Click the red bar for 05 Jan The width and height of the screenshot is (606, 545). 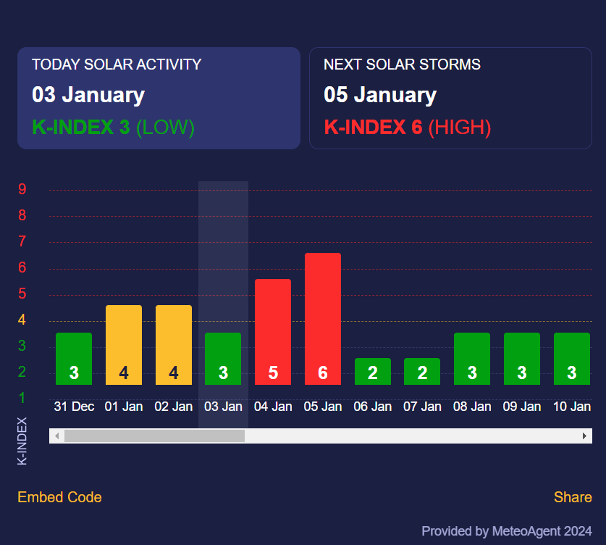[x=323, y=319]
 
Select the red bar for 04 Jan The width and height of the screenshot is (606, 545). [x=273, y=332]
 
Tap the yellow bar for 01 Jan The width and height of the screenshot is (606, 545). [x=124, y=345]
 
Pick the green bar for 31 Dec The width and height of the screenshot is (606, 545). [x=74, y=359]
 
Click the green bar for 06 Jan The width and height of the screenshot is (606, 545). [x=373, y=371]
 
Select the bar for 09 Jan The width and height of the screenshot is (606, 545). [x=522, y=359]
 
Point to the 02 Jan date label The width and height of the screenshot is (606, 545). [x=174, y=407]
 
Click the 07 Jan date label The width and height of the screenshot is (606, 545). [x=422, y=407]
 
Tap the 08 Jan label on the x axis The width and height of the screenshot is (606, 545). [x=472, y=407]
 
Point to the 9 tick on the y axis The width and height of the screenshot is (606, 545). [x=22, y=190]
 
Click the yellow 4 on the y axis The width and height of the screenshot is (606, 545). [x=22, y=320]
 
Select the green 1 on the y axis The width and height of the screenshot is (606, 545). [x=22, y=398]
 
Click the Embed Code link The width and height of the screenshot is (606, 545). [x=59, y=497]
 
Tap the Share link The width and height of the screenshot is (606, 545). [x=573, y=497]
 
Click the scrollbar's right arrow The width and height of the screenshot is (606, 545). [x=584, y=436]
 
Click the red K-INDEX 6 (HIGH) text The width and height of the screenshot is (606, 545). [x=408, y=128]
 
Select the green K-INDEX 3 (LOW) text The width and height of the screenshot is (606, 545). [x=114, y=128]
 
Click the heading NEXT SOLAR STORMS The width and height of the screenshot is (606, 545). [x=402, y=65]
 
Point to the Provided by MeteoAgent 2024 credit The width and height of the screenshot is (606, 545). [x=507, y=531]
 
